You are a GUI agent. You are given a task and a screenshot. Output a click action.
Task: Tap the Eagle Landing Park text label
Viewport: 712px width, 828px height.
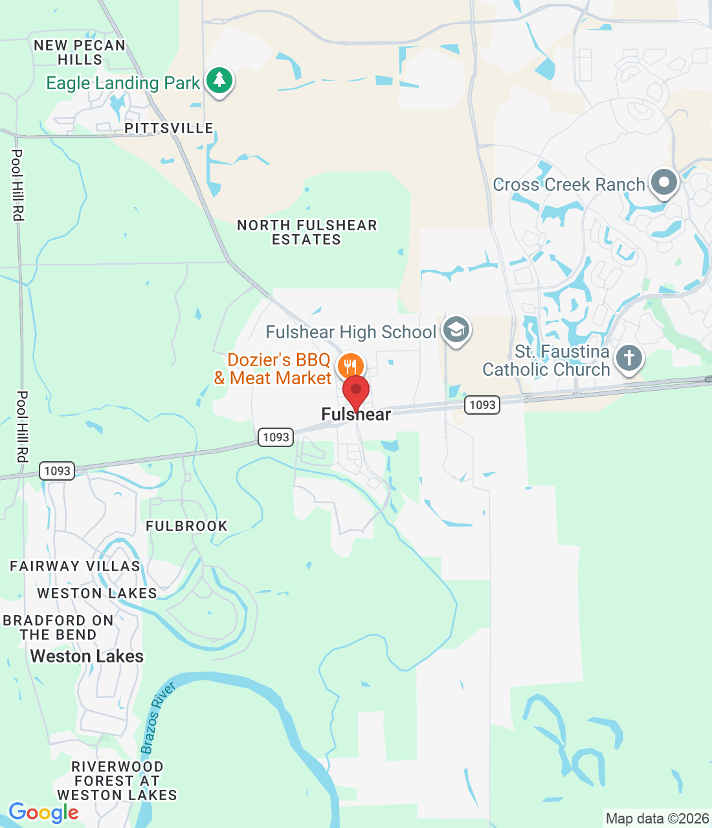tap(123, 83)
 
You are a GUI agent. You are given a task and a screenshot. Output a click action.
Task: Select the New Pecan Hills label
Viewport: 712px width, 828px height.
tap(80, 52)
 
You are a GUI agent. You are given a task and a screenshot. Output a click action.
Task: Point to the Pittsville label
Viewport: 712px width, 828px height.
tap(169, 128)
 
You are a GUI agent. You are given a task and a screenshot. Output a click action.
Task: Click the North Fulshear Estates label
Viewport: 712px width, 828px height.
tap(307, 232)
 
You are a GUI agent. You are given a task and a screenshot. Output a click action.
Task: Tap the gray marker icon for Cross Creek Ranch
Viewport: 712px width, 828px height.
tap(663, 182)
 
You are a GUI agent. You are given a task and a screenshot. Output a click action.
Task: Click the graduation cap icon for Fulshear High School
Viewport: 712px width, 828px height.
tap(456, 330)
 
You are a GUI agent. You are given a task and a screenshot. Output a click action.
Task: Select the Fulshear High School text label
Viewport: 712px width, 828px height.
tap(351, 332)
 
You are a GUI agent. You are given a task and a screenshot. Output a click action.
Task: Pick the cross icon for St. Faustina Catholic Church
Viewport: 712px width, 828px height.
tap(629, 357)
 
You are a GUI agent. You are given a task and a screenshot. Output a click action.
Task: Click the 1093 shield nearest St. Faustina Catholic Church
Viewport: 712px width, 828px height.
tap(482, 405)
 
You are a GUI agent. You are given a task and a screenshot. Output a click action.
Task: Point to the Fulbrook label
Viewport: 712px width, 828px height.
tap(186, 526)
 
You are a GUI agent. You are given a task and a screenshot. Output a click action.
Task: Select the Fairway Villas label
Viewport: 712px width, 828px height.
tap(75, 566)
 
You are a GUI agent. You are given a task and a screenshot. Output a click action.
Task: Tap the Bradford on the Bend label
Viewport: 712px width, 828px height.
tap(58, 627)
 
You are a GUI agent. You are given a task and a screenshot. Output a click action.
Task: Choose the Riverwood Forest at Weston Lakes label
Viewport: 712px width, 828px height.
tap(117, 781)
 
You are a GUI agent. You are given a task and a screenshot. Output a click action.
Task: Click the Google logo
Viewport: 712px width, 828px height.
tap(43, 812)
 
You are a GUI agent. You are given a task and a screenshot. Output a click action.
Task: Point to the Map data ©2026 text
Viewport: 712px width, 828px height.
tap(657, 818)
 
